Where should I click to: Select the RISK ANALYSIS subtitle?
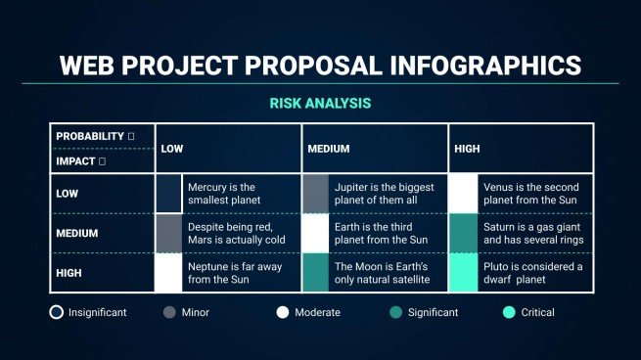pos(320,102)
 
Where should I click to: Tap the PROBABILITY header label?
pos(90,136)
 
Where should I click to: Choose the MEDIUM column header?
pos(329,149)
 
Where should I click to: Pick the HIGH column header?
pos(467,149)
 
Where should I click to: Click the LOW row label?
pos(68,194)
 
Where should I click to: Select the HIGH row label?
pos(69,273)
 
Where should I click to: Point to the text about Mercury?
pos(221,194)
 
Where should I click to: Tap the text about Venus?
pos(529,194)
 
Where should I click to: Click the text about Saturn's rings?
pos(529,233)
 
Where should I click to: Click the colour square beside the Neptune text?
pos(168,273)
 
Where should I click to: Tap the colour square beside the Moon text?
pos(315,273)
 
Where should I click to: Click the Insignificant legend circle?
pos(57,313)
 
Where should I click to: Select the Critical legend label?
pos(537,313)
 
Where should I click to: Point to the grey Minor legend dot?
pos(169,313)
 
